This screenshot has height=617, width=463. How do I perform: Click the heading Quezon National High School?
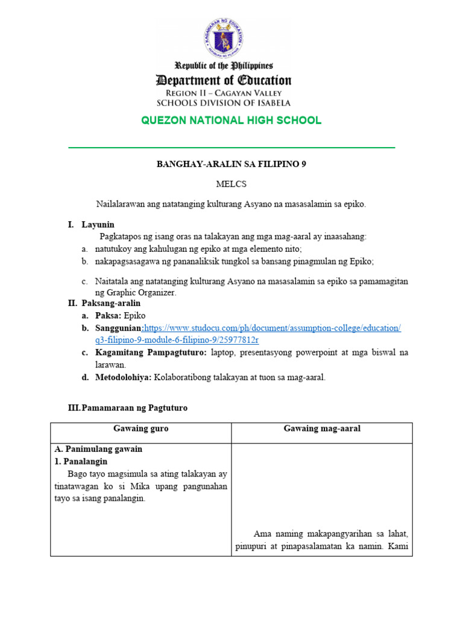tap(231, 121)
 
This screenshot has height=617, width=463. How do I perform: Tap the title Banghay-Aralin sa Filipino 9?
tap(231, 164)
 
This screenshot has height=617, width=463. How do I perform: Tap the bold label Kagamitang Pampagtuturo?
tap(151, 352)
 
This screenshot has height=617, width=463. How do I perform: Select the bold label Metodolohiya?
tap(122, 378)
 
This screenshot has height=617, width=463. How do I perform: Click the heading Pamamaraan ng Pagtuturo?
tap(134, 408)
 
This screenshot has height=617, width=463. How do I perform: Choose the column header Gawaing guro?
tap(141, 428)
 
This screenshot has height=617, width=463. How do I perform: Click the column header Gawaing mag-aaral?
tap(322, 428)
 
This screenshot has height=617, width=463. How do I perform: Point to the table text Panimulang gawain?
tap(103, 449)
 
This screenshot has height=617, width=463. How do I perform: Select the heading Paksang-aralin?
tap(111, 303)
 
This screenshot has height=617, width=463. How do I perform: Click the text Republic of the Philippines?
tap(224, 66)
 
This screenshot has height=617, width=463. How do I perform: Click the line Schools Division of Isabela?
tap(224, 102)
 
